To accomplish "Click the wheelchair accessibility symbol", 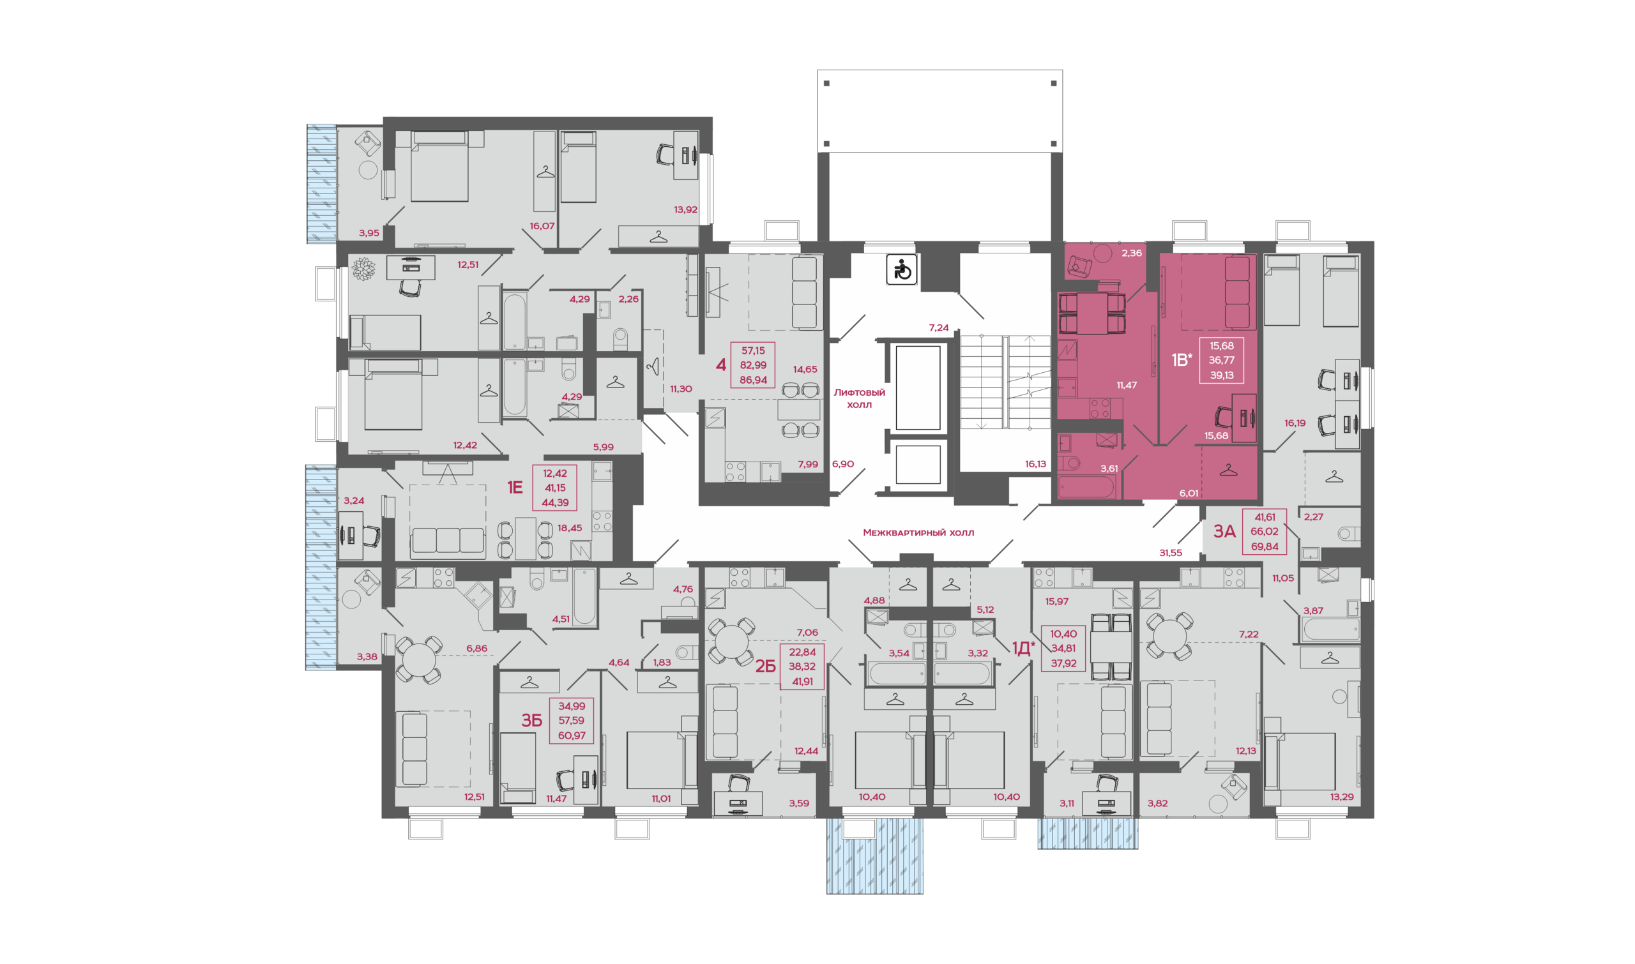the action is click(901, 269).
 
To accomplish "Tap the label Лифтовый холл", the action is click(859, 398).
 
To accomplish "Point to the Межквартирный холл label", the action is click(918, 532).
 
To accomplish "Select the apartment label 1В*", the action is click(1182, 360).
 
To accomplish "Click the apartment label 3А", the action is click(1224, 531).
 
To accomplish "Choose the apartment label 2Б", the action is click(766, 666).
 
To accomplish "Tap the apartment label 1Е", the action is click(515, 487).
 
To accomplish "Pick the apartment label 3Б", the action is click(531, 720).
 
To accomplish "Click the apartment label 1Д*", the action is click(1023, 647).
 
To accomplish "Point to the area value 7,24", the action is click(938, 328).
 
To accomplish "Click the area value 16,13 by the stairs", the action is click(1035, 464).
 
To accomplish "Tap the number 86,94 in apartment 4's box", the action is click(753, 380).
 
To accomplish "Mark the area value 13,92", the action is click(685, 210).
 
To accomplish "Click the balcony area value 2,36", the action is click(1131, 253).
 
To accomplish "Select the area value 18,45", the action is click(569, 528).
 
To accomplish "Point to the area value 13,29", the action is click(1341, 797).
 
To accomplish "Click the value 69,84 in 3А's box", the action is click(1264, 546).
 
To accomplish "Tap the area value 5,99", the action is click(603, 447).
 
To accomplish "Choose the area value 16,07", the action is click(542, 226).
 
